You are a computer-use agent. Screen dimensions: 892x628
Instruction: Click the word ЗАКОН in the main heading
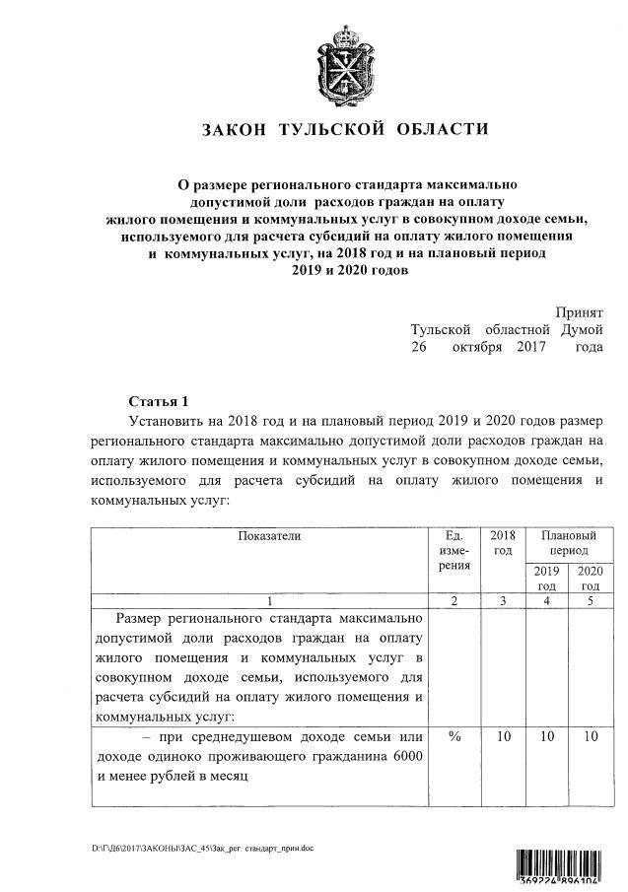tap(234, 130)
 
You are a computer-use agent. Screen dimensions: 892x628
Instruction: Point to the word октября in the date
tap(475, 347)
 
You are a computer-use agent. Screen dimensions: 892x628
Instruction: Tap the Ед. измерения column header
tap(454, 551)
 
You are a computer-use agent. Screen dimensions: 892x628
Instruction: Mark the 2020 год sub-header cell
tap(590, 579)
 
